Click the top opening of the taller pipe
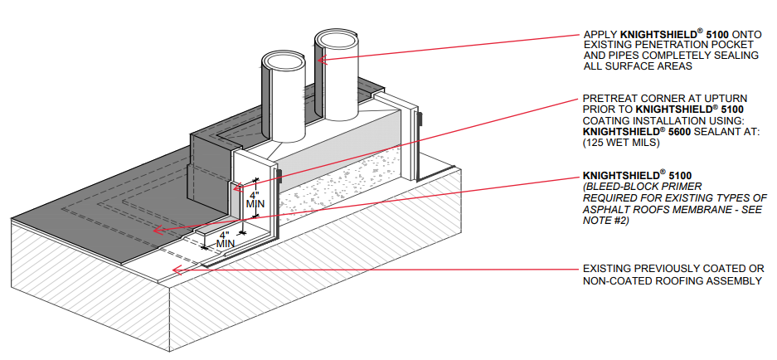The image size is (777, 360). (335, 39)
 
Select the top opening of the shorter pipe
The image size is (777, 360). (284, 62)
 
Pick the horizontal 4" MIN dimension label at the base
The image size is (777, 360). (226, 239)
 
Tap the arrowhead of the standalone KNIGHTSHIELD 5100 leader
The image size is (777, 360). (159, 231)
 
